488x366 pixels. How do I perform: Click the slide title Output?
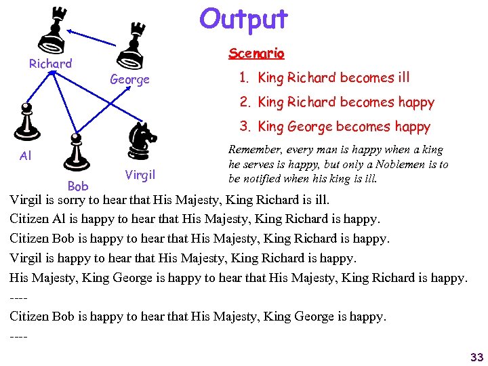tap(243, 19)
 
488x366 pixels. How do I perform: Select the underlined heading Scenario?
tap(256, 53)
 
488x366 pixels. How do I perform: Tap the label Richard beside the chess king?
tap(50, 64)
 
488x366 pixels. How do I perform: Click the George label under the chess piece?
tap(129, 80)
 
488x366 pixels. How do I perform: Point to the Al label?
tap(26, 156)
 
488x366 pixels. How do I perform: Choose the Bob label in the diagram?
tap(78, 186)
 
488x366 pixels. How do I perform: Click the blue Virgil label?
tap(140, 174)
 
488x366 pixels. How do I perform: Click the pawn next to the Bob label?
tap(75, 152)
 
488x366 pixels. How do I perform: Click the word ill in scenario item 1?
tap(402, 77)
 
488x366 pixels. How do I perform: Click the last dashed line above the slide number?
tap(18, 335)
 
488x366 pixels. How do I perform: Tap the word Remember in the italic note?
tap(254, 149)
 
